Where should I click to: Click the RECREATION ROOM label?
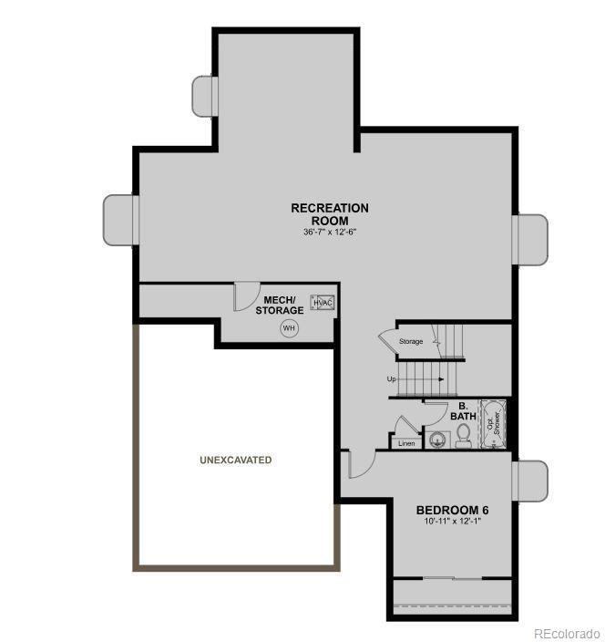pyautogui.click(x=330, y=214)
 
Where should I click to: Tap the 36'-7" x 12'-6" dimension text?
pyautogui.click(x=330, y=233)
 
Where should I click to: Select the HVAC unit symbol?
pyautogui.click(x=323, y=303)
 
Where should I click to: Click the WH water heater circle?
pyautogui.click(x=290, y=328)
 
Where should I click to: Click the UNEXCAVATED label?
pyautogui.click(x=235, y=461)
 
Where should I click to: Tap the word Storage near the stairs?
pyautogui.click(x=411, y=341)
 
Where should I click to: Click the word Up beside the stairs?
pyautogui.click(x=391, y=378)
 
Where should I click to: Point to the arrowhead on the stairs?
pyautogui.click(x=441, y=378)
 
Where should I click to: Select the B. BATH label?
pyautogui.click(x=463, y=411)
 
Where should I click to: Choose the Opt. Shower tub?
pyautogui.click(x=492, y=425)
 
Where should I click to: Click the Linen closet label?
pyautogui.click(x=406, y=443)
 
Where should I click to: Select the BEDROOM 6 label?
pyautogui.click(x=453, y=510)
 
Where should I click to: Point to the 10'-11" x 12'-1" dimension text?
pyautogui.click(x=452, y=522)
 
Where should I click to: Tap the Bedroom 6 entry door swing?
pyautogui.click(x=361, y=465)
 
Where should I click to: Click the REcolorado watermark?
pyautogui.click(x=566, y=633)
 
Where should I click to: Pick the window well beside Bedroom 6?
pyautogui.click(x=532, y=481)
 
